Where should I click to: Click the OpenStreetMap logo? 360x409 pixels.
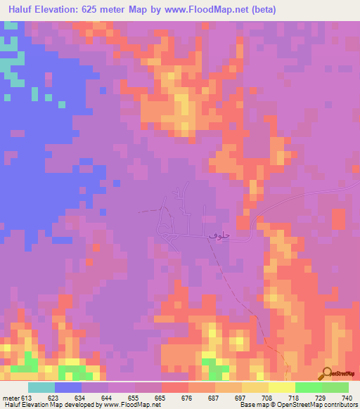[x=340, y=372]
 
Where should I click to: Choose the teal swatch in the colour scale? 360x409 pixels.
[x=41, y=387]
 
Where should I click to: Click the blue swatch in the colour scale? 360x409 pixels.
[x=68, y=387]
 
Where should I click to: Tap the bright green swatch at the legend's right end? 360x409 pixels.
[x=335, y=387]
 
